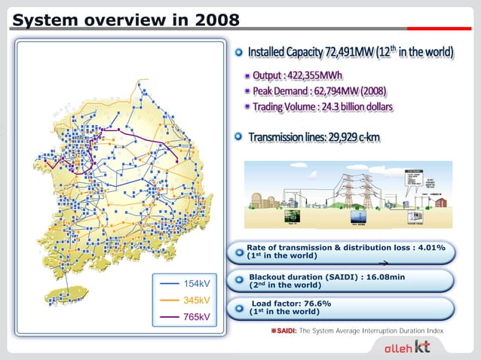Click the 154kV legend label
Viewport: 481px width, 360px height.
tap(197, 283)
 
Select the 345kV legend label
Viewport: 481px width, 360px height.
tap(197, 300)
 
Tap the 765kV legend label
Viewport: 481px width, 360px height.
tap(197, 316)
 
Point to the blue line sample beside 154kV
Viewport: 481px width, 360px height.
tap(169, 283)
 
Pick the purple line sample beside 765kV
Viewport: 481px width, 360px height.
tap(169, 316)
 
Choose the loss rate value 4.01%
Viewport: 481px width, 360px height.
tap(428, 247)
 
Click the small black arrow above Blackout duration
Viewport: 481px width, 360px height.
tap(383, 264)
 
